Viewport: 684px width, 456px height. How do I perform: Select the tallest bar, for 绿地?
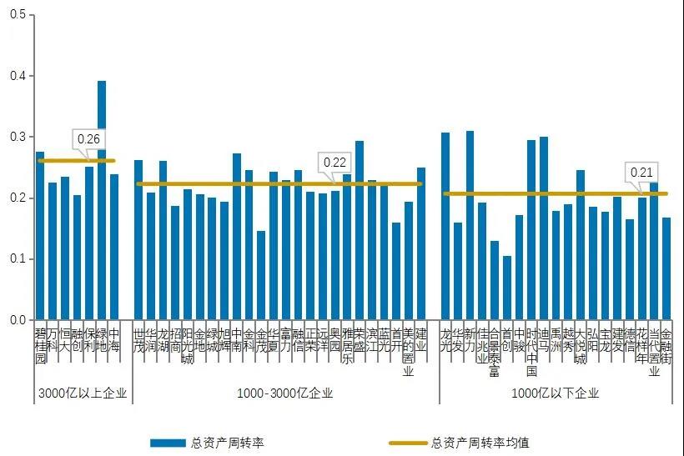click(102, 200)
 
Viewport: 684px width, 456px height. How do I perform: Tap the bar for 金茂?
click(261, 275)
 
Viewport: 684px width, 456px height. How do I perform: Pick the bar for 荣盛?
click(360, 230)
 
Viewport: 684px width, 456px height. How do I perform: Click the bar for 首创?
click(506, 288)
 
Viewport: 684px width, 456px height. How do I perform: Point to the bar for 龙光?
click(445, 226)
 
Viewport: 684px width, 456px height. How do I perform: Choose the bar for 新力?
click(470, 225)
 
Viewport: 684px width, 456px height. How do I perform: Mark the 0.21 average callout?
click(641, 173)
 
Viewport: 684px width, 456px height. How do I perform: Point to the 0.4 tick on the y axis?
click(18, 76)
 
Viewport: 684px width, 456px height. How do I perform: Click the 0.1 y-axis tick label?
click(18, 258)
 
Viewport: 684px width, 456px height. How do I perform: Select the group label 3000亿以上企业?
click(82, 393)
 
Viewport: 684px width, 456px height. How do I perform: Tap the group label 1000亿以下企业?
click(555, 393)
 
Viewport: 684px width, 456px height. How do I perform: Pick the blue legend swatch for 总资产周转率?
click(167, 443)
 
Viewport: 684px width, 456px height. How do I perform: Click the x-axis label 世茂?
click(138, 341)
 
